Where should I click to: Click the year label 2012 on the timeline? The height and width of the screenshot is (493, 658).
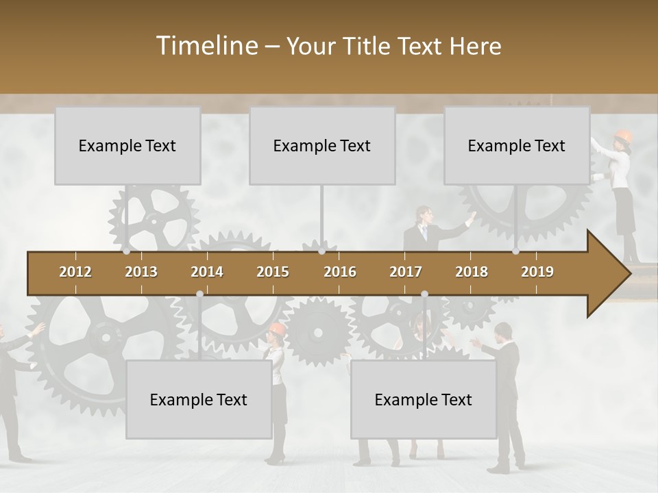click(x=75, y=272)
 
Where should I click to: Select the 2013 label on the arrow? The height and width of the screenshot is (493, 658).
click(x=141, y=272)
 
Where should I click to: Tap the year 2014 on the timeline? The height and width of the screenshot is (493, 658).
click(x=207, y=272)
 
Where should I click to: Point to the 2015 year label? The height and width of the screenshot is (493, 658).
click(x=273, y=272)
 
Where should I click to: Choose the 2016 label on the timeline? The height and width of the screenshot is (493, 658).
click(x=340, y=272)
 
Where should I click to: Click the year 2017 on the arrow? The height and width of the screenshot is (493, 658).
click(x=406, y=272)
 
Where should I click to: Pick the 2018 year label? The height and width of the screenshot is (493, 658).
click(x=472, y=272)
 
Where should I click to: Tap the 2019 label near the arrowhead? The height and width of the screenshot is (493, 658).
click(x=537, y=272)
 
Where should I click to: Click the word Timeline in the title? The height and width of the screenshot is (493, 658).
click(x=206, y=46)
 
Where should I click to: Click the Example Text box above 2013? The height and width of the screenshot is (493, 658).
click(x=127, y=146)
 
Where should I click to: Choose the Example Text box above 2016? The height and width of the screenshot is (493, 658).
click(x=322, y=146)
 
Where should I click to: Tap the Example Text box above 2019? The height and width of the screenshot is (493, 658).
click(x=517, y=146)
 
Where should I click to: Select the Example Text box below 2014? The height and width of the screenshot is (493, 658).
click(x=199, y=400)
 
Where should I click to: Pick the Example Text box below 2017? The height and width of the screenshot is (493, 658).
click(x=424, y=400)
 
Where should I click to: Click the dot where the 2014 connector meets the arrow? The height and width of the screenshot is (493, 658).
click(x=199, y=294)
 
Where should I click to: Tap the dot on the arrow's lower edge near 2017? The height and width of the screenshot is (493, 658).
click(x=424, y=294)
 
